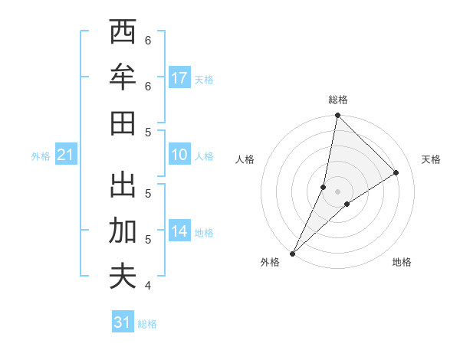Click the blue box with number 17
point(179,78)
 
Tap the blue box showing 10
point(179,155)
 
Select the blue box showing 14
point(179,231)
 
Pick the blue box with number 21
point(65,155)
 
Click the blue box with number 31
point(123,322)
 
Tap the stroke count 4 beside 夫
point(148,286)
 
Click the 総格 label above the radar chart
point(338,100)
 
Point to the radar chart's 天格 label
point(431,159)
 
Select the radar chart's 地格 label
point(402,262)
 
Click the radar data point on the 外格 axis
point(292,253)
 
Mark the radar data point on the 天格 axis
point(396,172)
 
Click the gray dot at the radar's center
point(338,191)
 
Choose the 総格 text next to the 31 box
point(147,323)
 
